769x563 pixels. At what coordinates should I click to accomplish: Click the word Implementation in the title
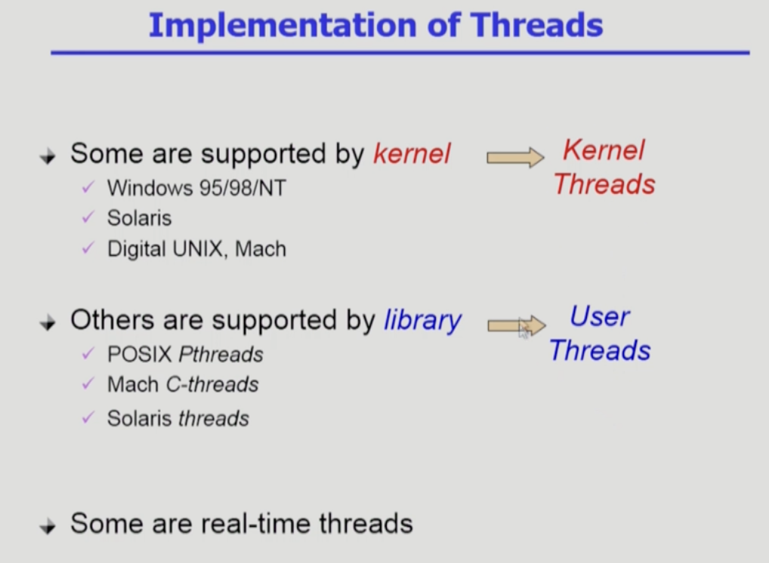pos(283,26)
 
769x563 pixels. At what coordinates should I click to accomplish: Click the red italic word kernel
pos(412,154)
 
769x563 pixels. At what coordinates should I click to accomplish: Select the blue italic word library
pos(422,321)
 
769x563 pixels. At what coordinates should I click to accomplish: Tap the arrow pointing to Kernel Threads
pos(515,157)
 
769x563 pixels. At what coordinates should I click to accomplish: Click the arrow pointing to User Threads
pos(517,325)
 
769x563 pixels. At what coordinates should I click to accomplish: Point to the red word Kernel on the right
pos(604,150)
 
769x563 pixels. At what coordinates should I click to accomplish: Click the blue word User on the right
pos(600,316)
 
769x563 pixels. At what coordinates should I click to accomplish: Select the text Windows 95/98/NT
pos(196,188)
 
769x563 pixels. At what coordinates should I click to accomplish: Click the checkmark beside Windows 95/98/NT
pos(88,186)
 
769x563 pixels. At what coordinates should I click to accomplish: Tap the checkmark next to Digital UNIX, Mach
pos(88,248)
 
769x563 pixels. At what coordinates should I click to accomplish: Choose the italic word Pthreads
pos(221,354)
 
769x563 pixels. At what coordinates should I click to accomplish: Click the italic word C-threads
pos(212,385)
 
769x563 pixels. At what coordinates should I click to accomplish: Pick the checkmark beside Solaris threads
pos(88,417)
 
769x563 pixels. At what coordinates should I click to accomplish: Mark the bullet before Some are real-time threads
pos(48,527)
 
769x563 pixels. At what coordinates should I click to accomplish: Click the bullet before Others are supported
pos(48,323)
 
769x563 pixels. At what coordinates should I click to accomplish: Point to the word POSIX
pos(140,354)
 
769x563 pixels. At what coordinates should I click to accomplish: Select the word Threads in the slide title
pos(536,25)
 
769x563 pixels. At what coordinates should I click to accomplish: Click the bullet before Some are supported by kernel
pos(48,157)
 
